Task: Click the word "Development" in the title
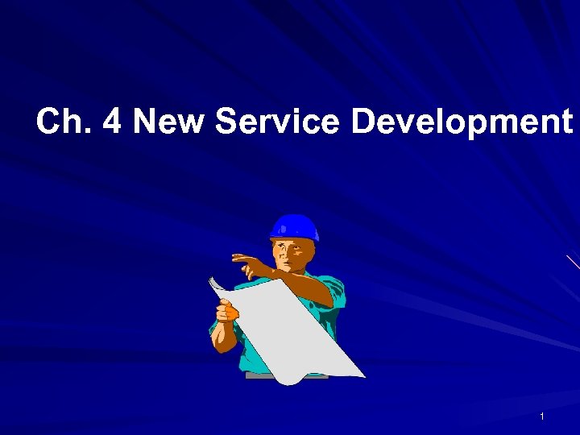461,122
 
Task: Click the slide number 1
542,416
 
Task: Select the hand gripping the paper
228,309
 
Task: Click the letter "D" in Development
363,122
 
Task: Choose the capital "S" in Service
228,122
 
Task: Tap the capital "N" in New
146,122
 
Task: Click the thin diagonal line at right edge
573,262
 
